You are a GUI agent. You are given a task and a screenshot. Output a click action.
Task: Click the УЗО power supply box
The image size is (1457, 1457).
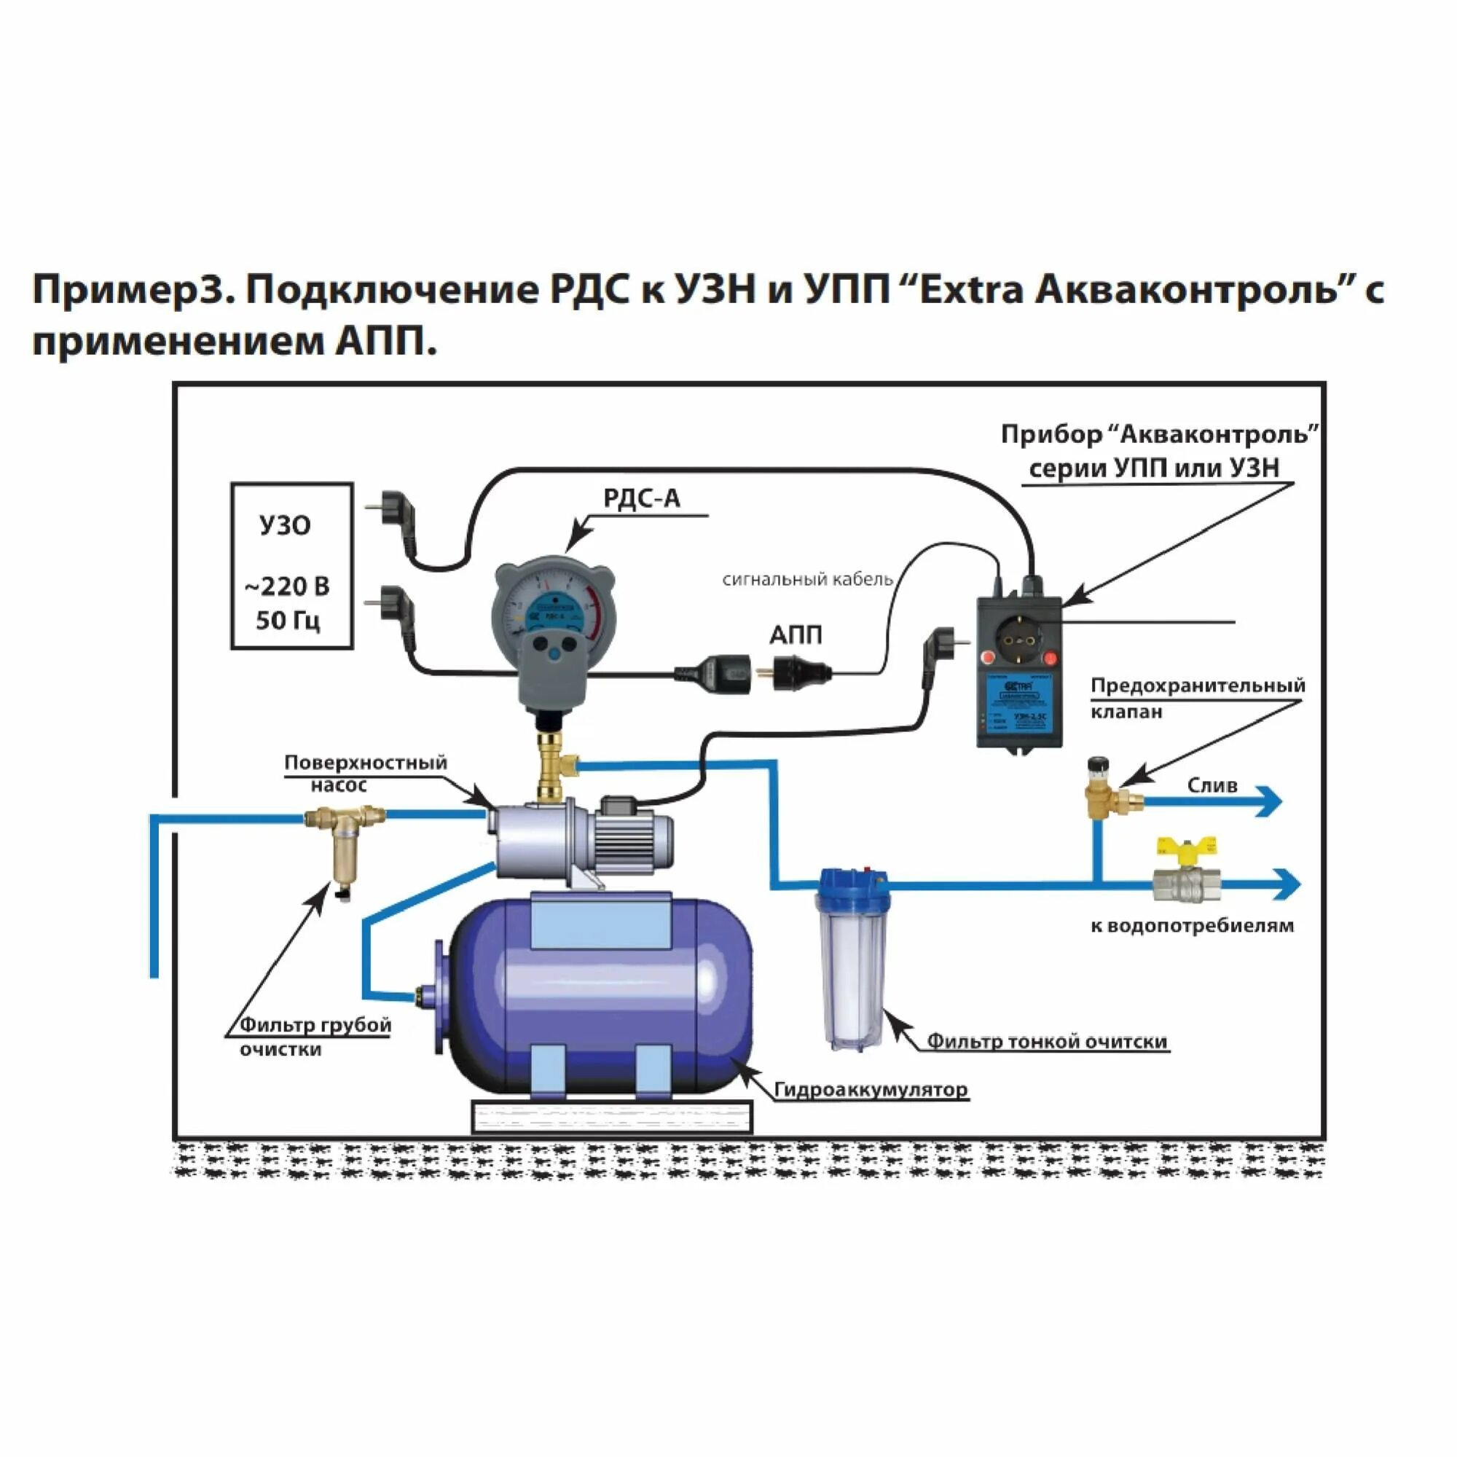click(x=291, y=565)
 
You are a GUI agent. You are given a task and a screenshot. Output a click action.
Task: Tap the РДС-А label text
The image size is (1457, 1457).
click(x=641, y=498)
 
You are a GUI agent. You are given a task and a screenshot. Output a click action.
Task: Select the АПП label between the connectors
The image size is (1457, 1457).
click(x=795, y=635)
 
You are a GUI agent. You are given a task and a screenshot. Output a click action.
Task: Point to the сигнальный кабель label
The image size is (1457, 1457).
click(x=807, y=579)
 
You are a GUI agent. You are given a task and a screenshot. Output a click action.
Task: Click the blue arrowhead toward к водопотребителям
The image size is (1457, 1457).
click(x=1287, y=884)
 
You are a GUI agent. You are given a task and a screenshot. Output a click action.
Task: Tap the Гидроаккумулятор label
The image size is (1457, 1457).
click(x=871, y=1090)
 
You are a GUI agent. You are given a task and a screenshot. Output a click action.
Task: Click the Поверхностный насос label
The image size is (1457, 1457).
click(x=365, y=773)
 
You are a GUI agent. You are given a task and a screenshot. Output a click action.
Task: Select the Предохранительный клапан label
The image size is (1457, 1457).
click(x=1197, y=698)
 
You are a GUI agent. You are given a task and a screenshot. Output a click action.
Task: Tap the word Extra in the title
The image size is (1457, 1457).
click(x=966, y=290)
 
